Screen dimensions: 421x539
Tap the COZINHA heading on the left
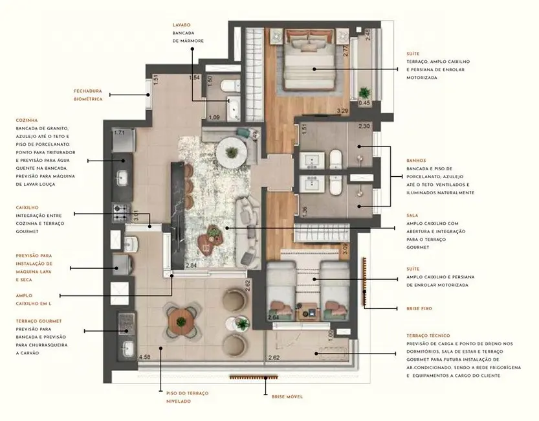(27, 120)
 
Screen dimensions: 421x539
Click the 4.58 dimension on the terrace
(146, 357)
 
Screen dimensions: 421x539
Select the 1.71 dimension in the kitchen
(119, 133)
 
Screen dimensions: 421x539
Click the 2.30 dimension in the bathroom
(364, 126)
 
